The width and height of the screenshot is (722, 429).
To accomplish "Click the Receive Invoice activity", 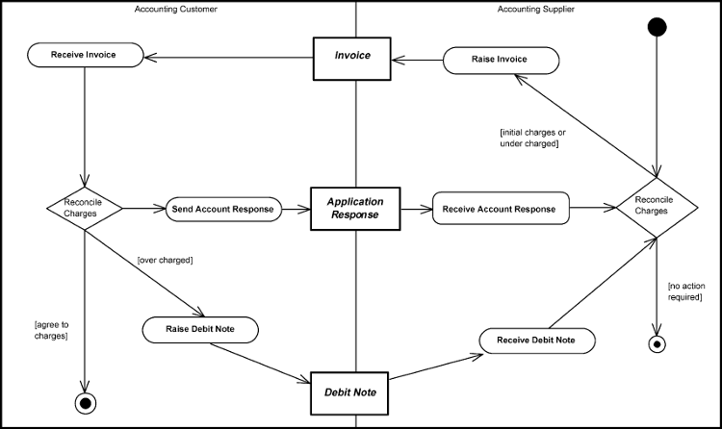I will pyautogui.click(x=85, y=55).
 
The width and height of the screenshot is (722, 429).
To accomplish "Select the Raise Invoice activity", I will pyautogui.click(x=500, y=60).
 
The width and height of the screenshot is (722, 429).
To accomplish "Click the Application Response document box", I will pyautogui.click(x=355, y=209).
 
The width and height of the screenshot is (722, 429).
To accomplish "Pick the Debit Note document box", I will pyautogui.click(x=356, y=392).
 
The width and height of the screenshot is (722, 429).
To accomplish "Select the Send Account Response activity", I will pyautogui.click(x=222, y=209).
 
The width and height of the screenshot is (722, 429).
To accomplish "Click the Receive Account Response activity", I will pyautogui.click(x=501, y=209).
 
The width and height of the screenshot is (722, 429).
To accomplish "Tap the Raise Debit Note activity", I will pyautogui.click(x=202, y=330).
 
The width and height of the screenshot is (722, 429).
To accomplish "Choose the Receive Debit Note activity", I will pyautogui.click(x=536, y=341).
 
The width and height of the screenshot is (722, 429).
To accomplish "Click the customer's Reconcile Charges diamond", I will pyautogui.click(x=85, y=208).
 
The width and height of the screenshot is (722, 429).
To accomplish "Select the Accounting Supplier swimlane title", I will pyautogui.click(x=535, y=9).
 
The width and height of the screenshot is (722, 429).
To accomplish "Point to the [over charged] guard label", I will pyautogui.click(x=166, y=261).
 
